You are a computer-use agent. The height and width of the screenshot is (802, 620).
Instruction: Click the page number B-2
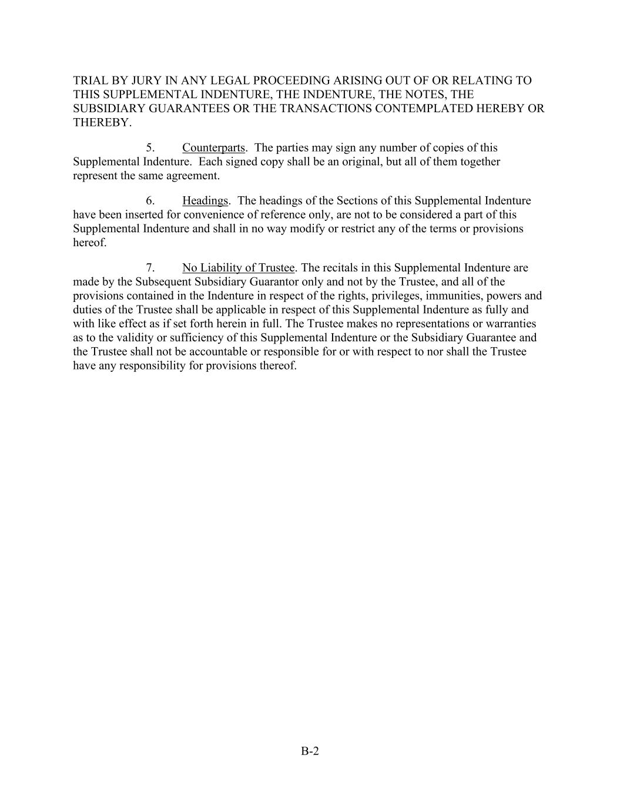pos(310,751)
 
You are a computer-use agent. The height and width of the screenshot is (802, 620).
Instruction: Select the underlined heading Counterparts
pos(213,147)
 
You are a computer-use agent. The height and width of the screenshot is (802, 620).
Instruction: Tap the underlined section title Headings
pos(205,201)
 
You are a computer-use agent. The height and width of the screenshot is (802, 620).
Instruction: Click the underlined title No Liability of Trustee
pos(238,268)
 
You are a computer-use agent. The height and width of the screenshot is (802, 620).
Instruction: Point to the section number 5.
pos(150,147)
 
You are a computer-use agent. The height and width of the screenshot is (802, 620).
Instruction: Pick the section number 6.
pos(150,201)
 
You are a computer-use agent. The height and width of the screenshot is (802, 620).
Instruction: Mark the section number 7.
pos(150,268)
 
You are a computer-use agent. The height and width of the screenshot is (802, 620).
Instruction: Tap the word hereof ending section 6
pos(89,243)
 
